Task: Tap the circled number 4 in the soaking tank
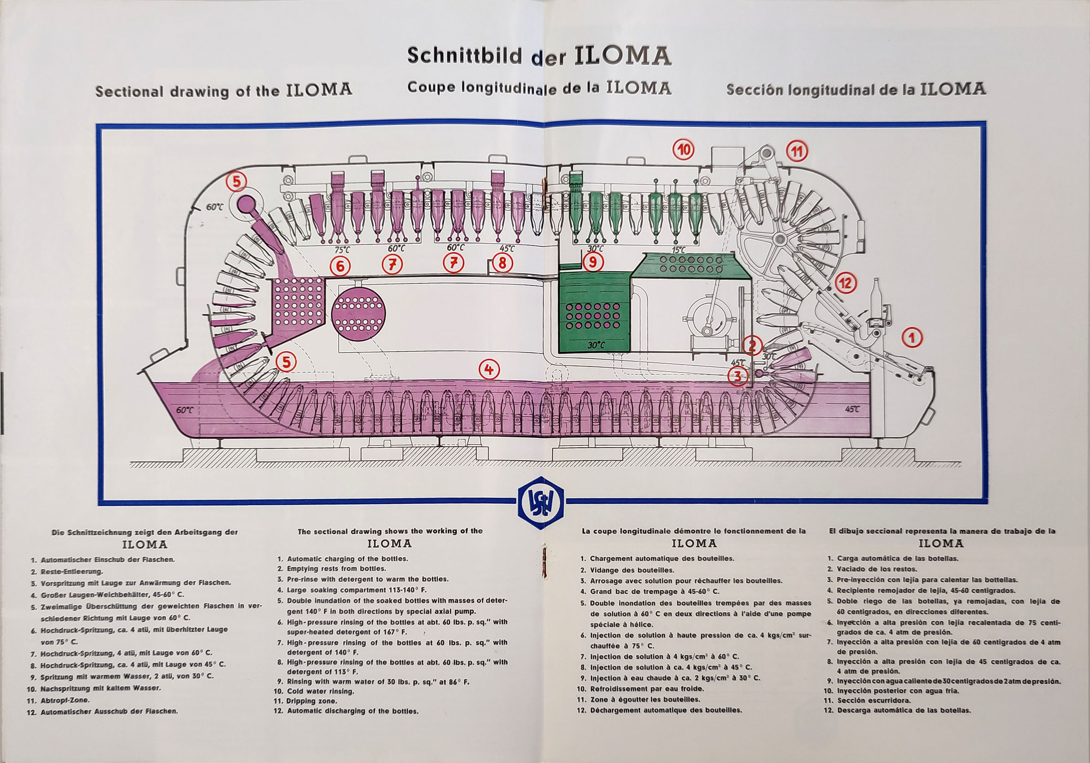pyautogui.click(x=489, y=369)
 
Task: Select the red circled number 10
pyautogui.click(x=683, y=150)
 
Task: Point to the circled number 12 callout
pyautogui.click(x=845, y=283)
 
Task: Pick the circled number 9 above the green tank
pyautogui.click(x=593, y=262)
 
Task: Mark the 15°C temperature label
pyautogui.click(x=678, y=249)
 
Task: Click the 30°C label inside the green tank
pyautogui.click(x=596, y=345)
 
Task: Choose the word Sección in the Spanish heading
pyautogui.click(x=755, y=89)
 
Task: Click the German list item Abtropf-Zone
pyautogui.click(x=65, y=700)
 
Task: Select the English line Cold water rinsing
pyautogui.click(x=320, y=691)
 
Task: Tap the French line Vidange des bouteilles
pyautogui.click(x=632, y=570)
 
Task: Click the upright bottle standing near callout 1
pyautogui.click(x=875, y=302)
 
